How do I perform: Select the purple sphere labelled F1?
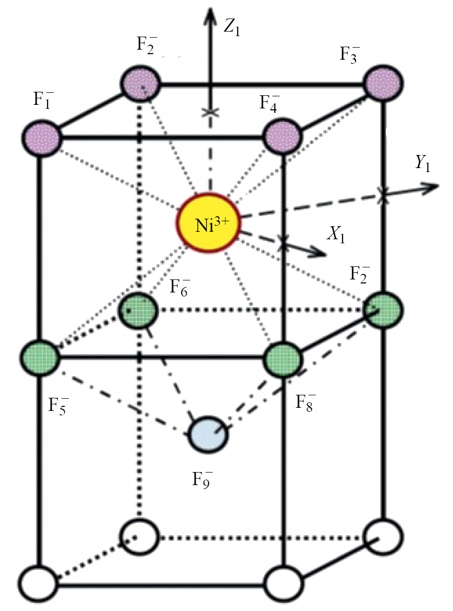point(41,136)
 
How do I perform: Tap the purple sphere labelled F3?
point(383,81)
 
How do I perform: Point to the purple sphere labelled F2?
point(140,81)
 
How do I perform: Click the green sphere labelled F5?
point(41,358)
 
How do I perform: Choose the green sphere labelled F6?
point(139,310)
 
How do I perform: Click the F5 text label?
point(58,406)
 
